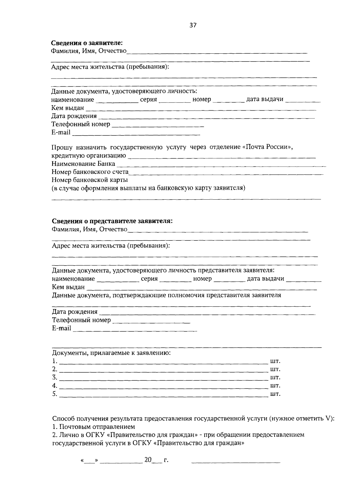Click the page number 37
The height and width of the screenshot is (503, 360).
(x=193, y=25)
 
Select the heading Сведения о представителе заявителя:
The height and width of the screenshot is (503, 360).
(x=112, y=221)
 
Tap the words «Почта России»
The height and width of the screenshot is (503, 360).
(x=267, y=147)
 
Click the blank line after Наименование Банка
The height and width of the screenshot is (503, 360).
(x=221, y=165)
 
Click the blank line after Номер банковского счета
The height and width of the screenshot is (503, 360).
(x=226, y=174)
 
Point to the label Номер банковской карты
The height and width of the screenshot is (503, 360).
(x=90, y=180)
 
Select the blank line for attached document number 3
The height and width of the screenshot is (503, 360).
(x=163, y=379)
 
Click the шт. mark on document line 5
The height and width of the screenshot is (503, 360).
(x=275, y=394)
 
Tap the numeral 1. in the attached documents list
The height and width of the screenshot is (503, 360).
(x=54, y=361)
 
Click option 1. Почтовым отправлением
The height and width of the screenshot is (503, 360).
(x=93, y=427)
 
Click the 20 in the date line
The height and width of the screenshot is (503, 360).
(x=148, y=460)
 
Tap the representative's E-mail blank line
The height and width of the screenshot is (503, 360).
(x=135, y=331)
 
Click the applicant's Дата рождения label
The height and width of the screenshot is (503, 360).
(x=74, y=116)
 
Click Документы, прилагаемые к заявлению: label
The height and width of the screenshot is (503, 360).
(x=111, y=353)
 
